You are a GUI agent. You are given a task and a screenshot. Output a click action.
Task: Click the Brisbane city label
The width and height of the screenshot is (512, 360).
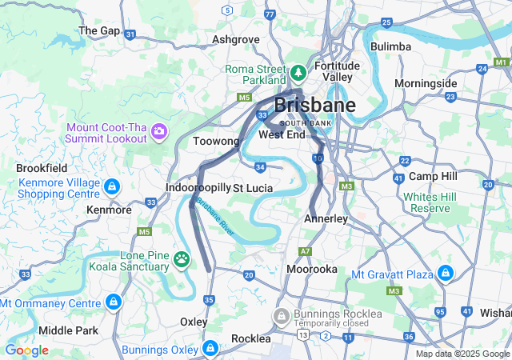point(315,106)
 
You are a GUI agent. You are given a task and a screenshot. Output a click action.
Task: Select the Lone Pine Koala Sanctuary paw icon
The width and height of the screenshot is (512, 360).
point(182,259)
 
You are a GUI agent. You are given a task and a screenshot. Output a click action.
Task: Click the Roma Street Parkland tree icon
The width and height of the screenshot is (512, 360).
point(298,74)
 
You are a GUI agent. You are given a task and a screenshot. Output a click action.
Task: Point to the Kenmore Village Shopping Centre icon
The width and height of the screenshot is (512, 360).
point(111,187)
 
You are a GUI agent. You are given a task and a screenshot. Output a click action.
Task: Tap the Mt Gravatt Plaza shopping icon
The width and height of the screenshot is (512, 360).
point(446,274)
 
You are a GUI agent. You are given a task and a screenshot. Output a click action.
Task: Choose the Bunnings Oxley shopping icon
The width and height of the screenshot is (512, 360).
point(210,348)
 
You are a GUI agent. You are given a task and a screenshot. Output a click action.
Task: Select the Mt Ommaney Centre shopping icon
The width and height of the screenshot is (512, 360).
point(114,302)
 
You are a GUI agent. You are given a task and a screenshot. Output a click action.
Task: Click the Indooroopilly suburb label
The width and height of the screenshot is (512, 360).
point(198,187)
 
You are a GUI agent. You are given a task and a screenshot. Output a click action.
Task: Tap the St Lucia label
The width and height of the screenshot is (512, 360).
point(253,188)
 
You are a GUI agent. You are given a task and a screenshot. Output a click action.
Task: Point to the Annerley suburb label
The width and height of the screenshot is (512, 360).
point(326,218)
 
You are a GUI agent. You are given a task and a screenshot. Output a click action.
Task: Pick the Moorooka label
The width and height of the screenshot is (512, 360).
point(312,270)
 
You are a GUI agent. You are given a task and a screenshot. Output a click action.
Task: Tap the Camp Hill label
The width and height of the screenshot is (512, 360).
point(432,176)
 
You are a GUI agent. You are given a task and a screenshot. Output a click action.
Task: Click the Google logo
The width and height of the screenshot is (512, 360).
point(26,350)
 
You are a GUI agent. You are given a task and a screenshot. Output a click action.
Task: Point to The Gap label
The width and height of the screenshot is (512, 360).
point(99,30)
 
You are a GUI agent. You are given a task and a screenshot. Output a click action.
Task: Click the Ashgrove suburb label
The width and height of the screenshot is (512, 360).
point(236,38)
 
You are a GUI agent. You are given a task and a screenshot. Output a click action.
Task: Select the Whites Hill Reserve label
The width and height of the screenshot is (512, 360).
point(431,202)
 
